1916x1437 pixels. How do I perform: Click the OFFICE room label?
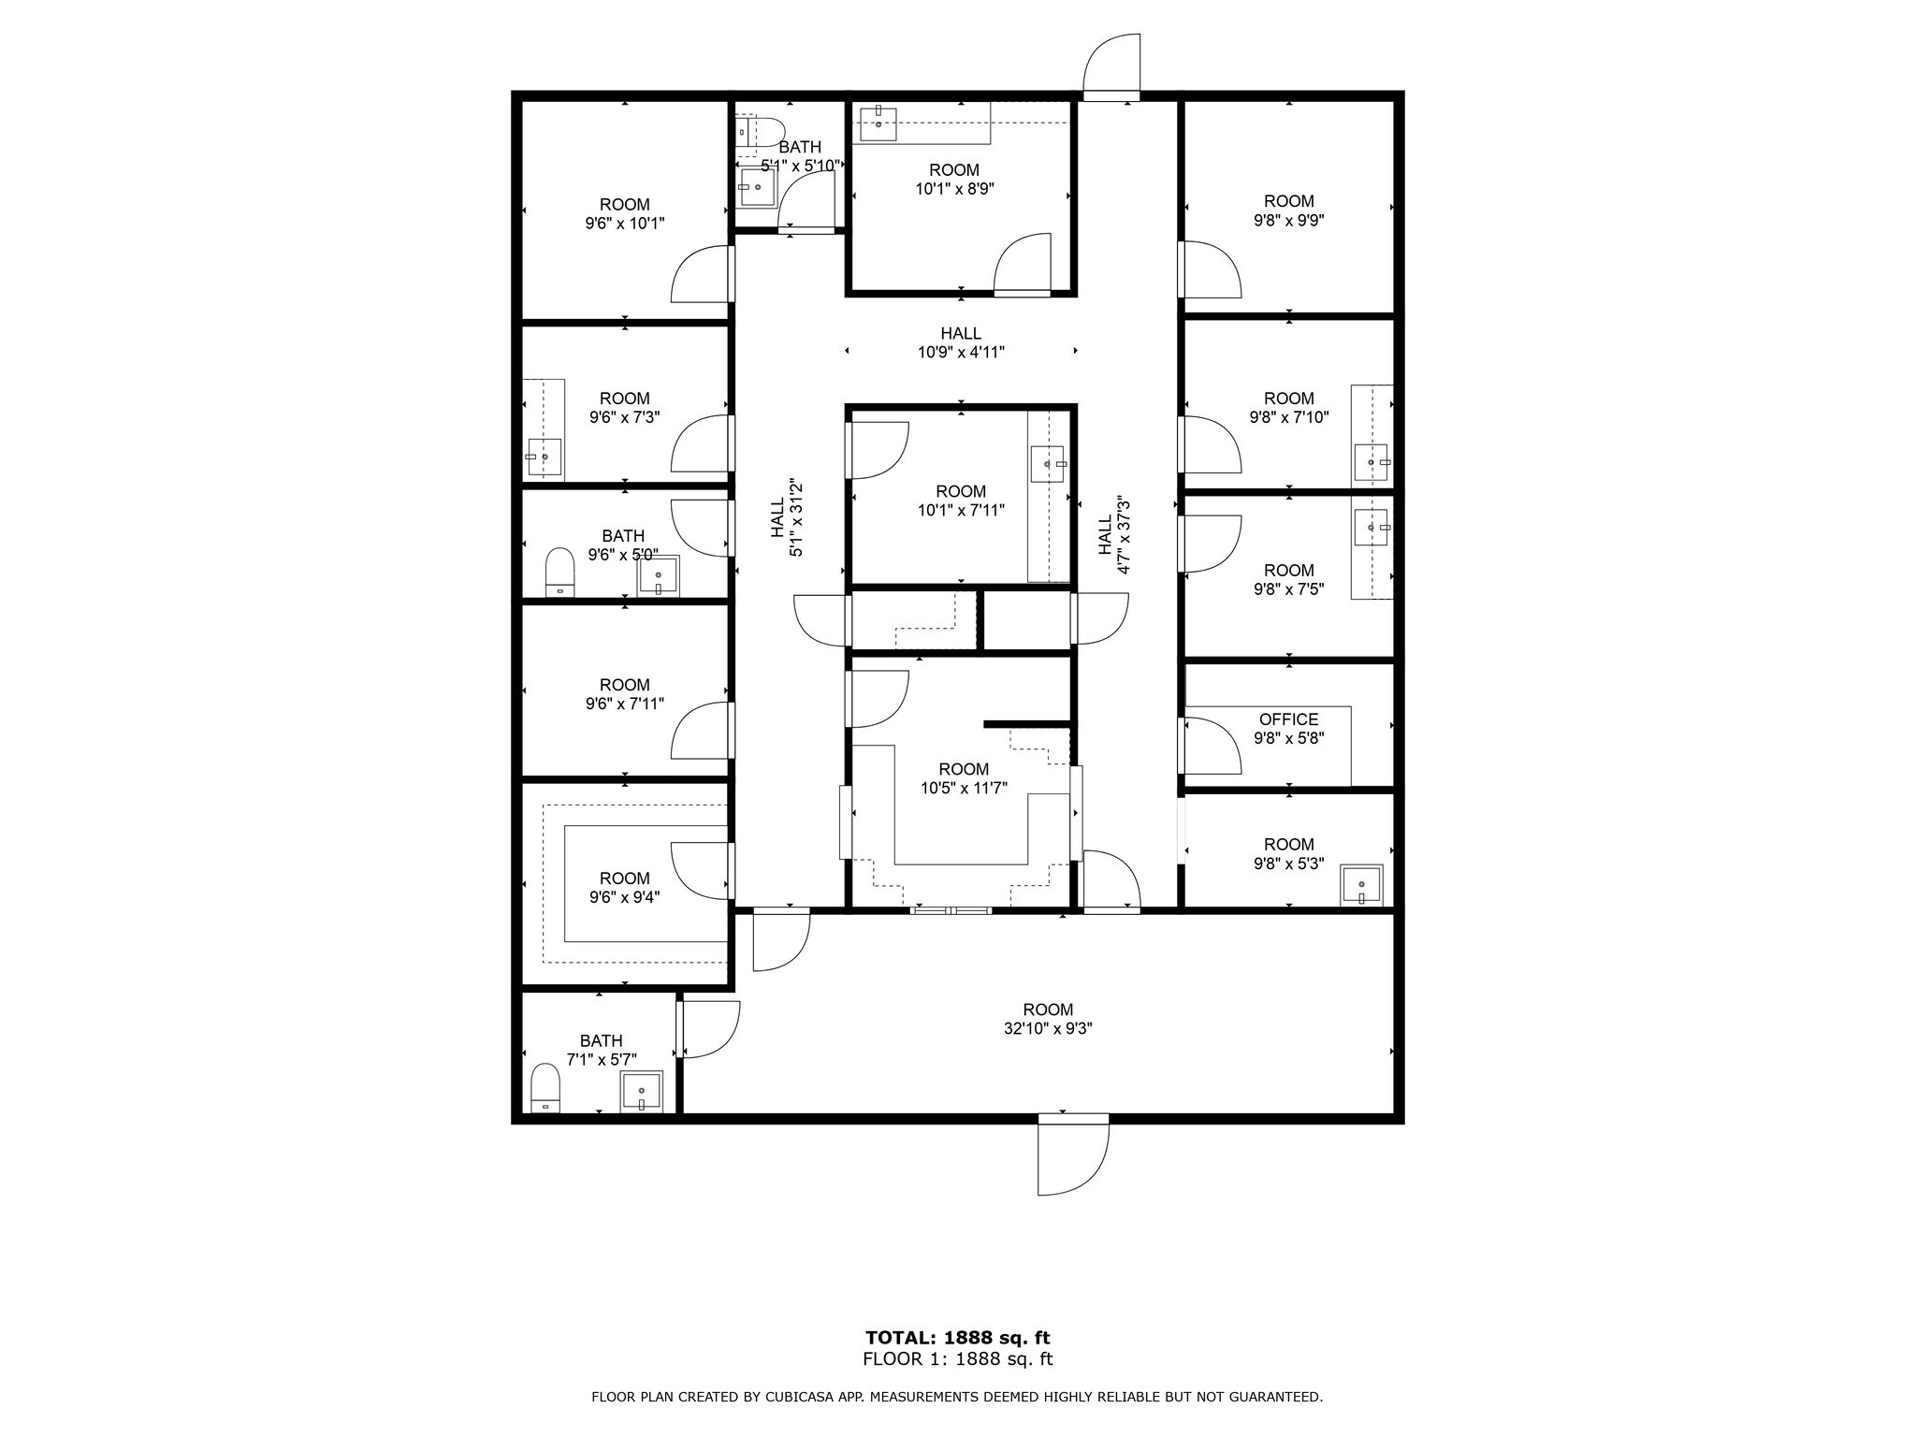tap(1288, 718)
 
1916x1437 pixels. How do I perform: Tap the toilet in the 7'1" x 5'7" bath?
tap(544, 1088)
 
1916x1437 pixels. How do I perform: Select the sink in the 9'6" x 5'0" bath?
tap(659, 576)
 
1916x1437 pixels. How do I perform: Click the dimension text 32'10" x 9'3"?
tap(1048, 1028)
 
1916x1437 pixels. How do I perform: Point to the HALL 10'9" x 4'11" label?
tap(961, 342)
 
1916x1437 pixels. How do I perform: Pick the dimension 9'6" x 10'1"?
tap(624, 224)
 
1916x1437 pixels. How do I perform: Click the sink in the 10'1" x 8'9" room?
tap(878, 123)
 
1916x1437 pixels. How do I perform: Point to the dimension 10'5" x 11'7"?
tap(963, 789)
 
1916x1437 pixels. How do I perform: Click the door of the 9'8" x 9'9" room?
tap(1210, 269)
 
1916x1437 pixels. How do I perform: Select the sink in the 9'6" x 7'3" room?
tap(544, 457)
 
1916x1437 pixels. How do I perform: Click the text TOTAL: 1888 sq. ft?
tap(957, 1338)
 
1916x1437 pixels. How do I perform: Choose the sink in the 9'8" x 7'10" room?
tap(1372, 462)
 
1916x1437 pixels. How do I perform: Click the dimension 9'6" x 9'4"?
tap(624, 897)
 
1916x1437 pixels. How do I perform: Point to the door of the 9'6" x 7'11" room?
tap(700, 731)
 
